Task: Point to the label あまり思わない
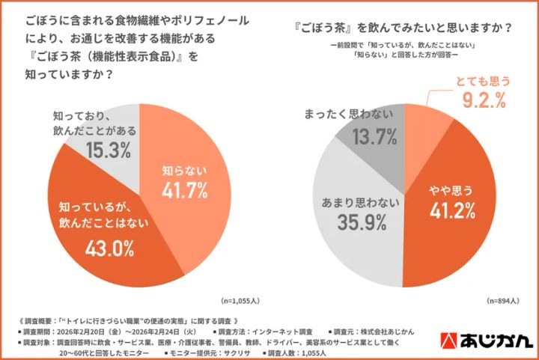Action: tap(354, 201)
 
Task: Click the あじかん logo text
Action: tap(498, 340)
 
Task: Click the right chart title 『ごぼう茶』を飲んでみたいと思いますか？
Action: tap(404, 28)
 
